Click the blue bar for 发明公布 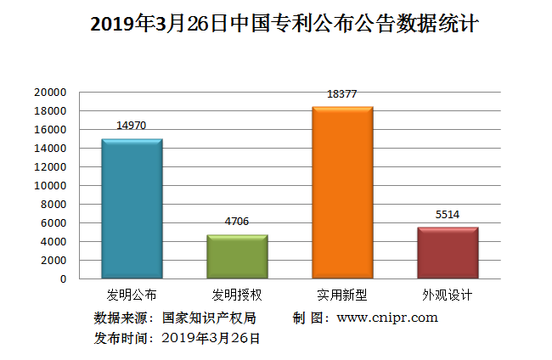pos(132,208)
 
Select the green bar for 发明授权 pos(237,256)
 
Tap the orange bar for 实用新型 pos(342,193)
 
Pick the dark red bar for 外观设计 pos(448,252)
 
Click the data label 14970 pos(132,126)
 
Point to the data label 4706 pos(237,222)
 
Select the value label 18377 pos(341,94)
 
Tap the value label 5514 pos(448,214)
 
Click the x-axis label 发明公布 pos(132,295)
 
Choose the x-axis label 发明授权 pos(237,295)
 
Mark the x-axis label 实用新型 pos(342,295)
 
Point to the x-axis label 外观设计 pos(448,295)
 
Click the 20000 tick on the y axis pos(50,93)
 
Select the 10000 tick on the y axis pos(50,186)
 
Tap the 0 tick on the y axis pos(63,279)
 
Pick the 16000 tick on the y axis pos(50,130)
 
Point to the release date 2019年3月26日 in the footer pos(211,338)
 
